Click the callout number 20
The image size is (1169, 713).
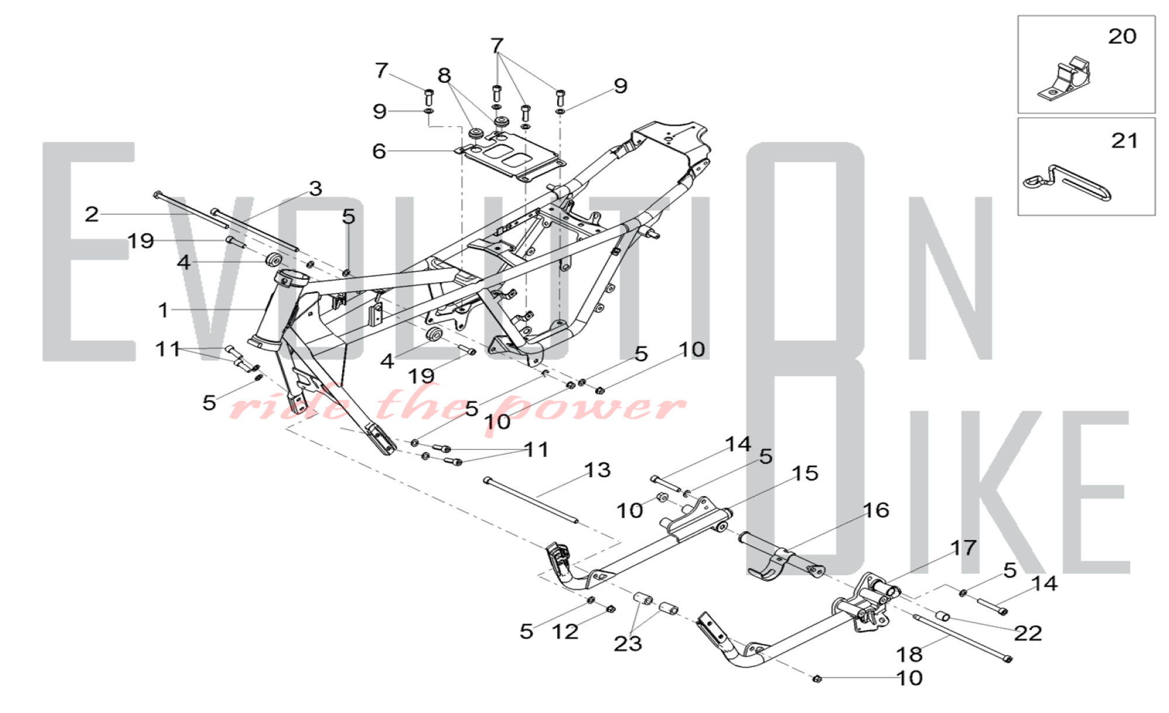tap(1122, 36)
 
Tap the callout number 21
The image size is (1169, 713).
tap(1125, 140)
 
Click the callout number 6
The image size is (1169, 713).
tap(379, 151)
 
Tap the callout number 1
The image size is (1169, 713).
tap(163, 310)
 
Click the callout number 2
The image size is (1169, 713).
tap(91, 214)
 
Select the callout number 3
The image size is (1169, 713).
tap(316, 188)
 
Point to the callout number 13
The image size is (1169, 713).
tap(597, 470)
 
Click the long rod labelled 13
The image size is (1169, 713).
tap(531, 501)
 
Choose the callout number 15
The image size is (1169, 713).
tap(805, 473)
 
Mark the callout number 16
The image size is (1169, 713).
tap(876, 510)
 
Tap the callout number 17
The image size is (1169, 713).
tap(963, 548)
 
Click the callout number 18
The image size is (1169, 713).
tap(909, 653)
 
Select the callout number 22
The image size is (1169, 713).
tap(1028, 633)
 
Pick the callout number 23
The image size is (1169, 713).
tap(628, 643)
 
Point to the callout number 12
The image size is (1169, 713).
tap(565, 631)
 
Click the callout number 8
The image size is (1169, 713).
tap(444, 75)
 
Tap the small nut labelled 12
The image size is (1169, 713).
tap(610, 608)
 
